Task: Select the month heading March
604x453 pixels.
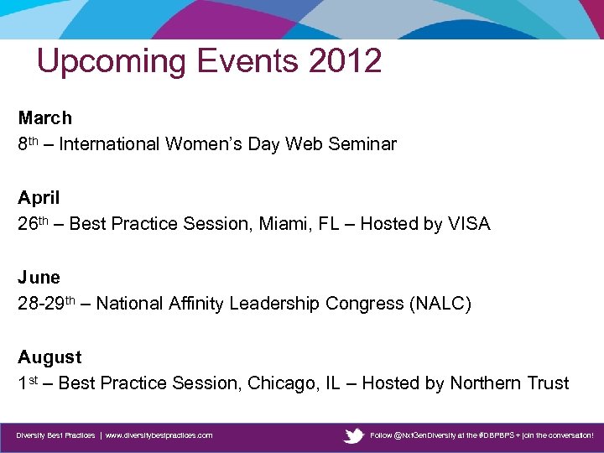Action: click(x=45, y=118)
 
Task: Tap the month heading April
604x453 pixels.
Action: click(x=39, y=198)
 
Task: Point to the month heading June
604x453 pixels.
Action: click(x=39, y=278)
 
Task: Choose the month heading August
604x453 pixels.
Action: click(x=49, y=357)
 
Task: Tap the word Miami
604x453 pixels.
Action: click(x=288, y=224)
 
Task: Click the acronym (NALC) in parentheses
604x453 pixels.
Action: click(x=440, y=304)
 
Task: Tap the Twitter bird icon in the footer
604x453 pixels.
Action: click(x=354, y=435)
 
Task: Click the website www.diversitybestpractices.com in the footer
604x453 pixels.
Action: click(x=159, y=435)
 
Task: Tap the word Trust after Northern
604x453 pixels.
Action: click(x=549, y=383)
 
